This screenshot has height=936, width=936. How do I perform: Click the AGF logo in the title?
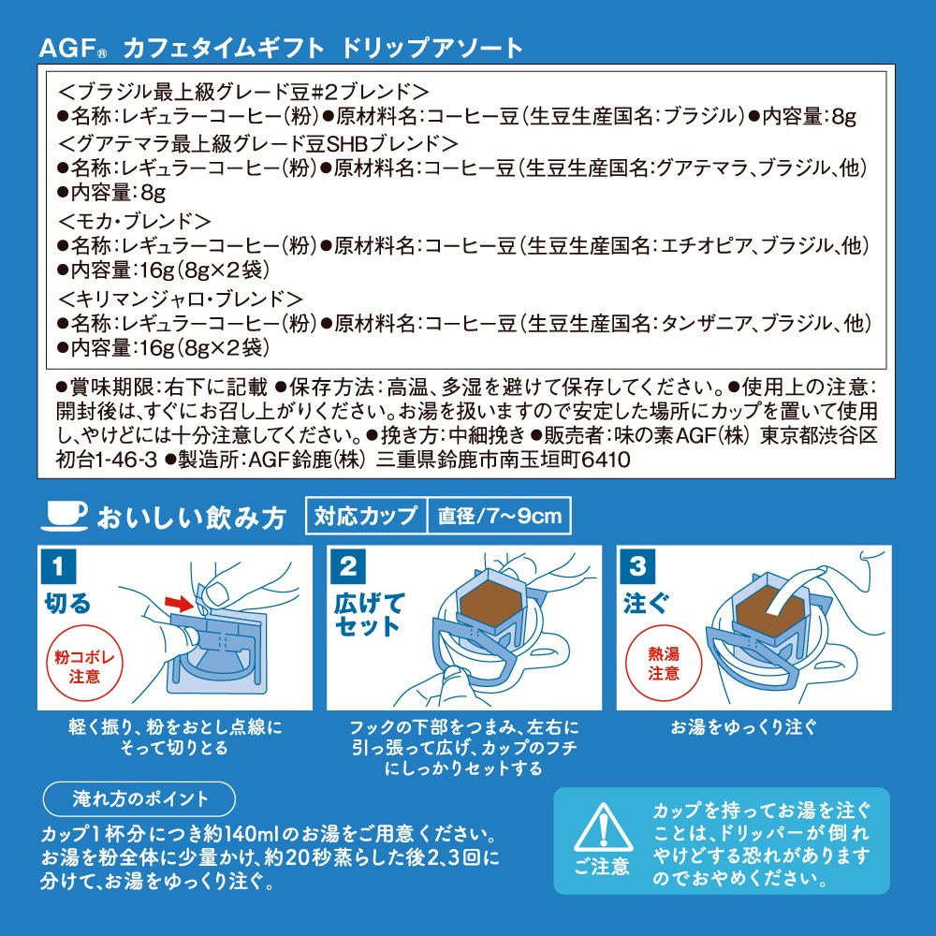coord(73,49)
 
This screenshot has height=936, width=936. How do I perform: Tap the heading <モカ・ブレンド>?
coord(135,222)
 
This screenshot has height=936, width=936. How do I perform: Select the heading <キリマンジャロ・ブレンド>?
coord(181,299)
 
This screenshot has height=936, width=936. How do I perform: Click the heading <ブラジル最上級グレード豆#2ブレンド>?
coord(243,92)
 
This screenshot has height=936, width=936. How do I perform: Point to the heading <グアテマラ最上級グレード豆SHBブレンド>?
coord(258,143)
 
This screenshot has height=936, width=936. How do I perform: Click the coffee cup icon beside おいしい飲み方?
coord(64,516)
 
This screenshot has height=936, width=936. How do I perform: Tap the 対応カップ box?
coord(366,515)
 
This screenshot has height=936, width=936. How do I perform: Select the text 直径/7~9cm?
coord(500,516)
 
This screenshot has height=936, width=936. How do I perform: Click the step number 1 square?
coord(58,565)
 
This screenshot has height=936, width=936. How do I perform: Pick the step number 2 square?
coord(348,565)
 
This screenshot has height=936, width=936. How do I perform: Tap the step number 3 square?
coord(637,565)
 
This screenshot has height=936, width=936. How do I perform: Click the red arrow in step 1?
coord(179,604)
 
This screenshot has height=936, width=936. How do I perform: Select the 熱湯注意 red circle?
coord(664,664)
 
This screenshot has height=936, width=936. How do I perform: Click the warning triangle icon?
coord(603,828)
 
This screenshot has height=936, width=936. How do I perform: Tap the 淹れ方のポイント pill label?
coord(139,798)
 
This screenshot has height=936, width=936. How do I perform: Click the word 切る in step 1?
coord(67,604)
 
